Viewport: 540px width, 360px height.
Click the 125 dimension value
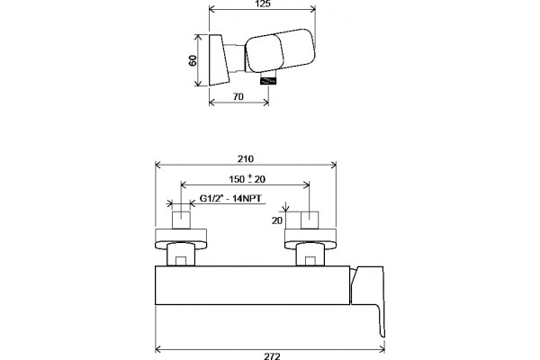[x=264, y=4]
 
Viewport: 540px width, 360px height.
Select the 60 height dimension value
[x=193, y=60]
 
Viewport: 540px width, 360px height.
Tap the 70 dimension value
[x=238, y=97]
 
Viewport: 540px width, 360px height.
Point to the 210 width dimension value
[x=246, y=158]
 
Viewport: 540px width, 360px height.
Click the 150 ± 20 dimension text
[x=247, y=179]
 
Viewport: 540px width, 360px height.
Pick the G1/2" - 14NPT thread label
[x=230, y=199]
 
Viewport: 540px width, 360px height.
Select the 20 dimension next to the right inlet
[x=277, y=220]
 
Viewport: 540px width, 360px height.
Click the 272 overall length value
[x=272, y=356]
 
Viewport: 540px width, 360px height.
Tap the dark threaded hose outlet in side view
[x=269, y=82]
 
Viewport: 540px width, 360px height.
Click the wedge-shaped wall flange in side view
[x=219, y=60]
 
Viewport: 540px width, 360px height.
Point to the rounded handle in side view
[x=281, y=50]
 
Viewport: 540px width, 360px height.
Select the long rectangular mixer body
[x=252, y=285]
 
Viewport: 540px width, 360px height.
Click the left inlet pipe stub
[x=181, y=220]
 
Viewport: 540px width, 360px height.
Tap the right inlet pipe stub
[x=310, y=220]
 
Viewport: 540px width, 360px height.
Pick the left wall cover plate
[x=181, y=238]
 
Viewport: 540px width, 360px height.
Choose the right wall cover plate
[x=310, y=238]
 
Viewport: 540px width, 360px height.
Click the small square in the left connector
[x=181, y=261]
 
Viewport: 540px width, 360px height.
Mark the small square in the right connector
[x=310, y=261]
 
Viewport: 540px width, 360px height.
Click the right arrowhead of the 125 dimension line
[x=313, y=9]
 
